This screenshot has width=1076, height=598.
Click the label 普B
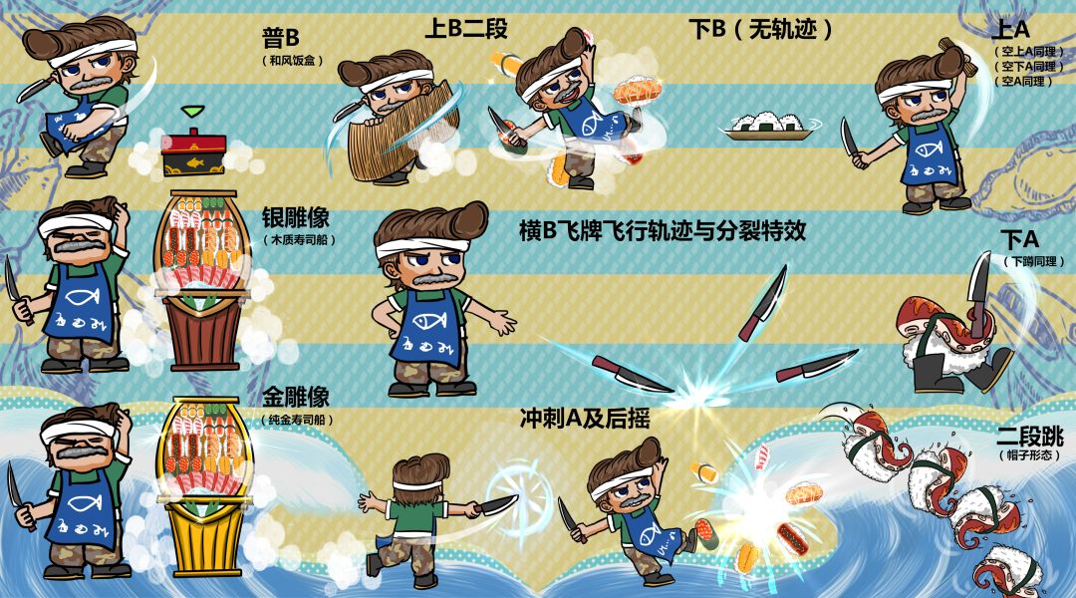point(280,37)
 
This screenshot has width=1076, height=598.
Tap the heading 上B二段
point(466,28)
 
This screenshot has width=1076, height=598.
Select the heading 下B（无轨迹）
point(760,29)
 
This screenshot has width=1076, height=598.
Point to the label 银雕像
point(296,217)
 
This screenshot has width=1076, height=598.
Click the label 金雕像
point(296,396)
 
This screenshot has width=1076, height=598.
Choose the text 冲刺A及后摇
point(585,419)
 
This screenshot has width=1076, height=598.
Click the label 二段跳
point(1030,436)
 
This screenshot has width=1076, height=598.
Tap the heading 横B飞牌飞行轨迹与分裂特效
point(663,230)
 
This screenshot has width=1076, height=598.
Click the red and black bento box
point(193,151)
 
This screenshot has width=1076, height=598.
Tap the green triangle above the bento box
point(193,112)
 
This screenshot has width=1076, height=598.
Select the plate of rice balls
point(768,127)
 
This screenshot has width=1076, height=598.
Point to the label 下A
point(1019,240)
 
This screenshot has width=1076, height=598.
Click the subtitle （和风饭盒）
point(292,61)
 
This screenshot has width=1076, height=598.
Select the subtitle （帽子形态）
point(1030,454)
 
